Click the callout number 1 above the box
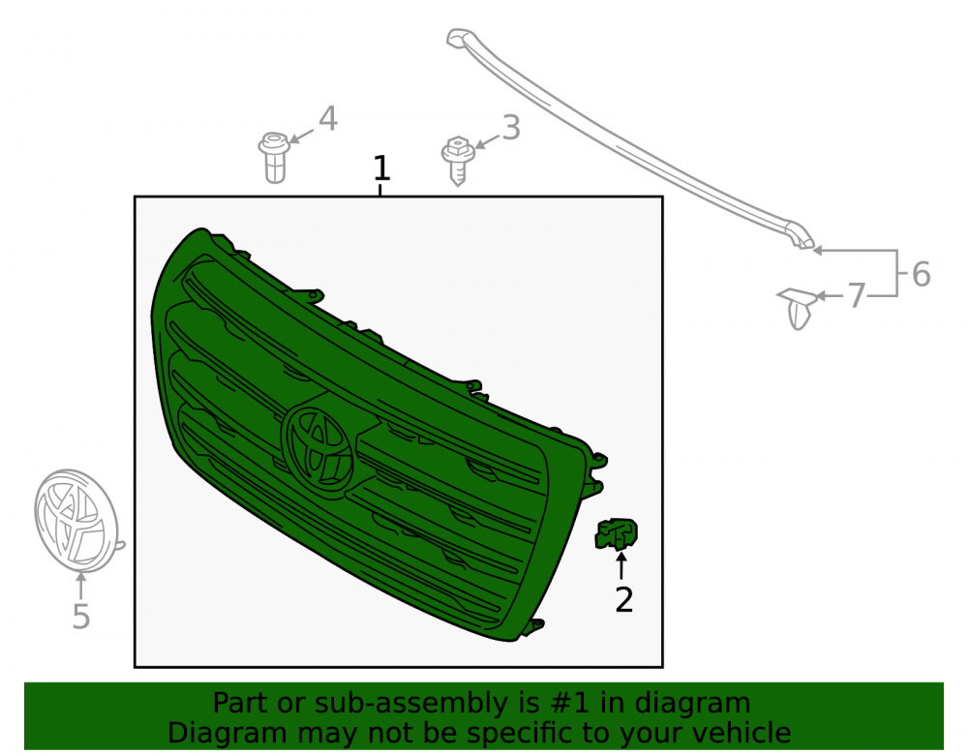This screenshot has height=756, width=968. (381, 167)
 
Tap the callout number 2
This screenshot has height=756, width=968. (624, 600)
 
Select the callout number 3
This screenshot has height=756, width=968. (511, 128)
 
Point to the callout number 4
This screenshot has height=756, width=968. (328, 118)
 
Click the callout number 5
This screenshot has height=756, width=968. (81, 616)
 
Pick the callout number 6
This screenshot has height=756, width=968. (922, 274)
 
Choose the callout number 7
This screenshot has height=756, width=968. (856, 295)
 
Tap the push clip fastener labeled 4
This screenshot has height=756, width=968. (274, 158)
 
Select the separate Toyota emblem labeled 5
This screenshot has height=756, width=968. (77, 521)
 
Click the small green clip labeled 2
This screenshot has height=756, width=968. (616, 533)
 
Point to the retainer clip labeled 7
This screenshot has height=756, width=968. (799, 308)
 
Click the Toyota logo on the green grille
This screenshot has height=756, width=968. (318, 447)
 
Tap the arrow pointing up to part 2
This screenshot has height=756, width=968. (621, 566)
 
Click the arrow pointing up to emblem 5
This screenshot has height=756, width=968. (80, 586)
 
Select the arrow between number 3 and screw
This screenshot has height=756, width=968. (487, 143)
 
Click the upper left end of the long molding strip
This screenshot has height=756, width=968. (454, 39)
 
